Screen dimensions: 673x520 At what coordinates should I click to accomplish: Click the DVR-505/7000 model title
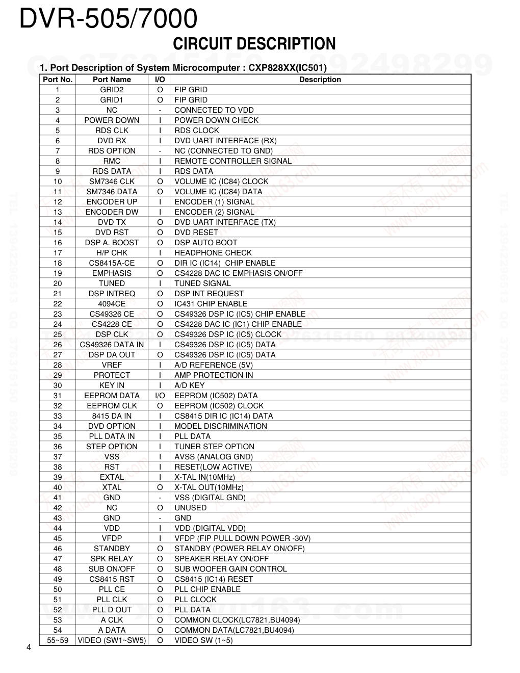[x=108, y=20]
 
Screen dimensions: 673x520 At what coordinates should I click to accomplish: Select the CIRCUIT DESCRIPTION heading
[x=254, y=44]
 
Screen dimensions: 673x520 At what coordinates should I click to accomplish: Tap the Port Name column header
[x=112, y=80]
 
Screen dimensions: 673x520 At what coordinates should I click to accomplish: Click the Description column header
[x=320, y=80]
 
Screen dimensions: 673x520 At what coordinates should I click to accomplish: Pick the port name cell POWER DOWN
[x=112, y=120]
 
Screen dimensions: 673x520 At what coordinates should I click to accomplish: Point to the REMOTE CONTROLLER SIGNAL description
[x=233, y=161]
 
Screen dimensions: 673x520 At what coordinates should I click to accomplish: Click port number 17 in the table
[x=58, y=253]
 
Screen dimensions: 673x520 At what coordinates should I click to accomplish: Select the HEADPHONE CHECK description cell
[x=213, y=253]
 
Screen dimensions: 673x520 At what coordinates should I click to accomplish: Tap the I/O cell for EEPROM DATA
[x=160, y=396]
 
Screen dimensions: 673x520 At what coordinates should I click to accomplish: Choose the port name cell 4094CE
[x=112, y=304]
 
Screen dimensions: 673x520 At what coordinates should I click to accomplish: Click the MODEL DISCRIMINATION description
[x=221, y=426]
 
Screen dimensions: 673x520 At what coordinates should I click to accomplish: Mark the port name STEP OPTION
[x=112, y=447]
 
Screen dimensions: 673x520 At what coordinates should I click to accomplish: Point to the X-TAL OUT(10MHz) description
[x=209, y=487]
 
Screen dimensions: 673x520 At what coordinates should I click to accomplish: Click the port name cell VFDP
[x=112, y=538]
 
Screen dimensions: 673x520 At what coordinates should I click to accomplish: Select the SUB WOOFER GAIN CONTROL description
[x=230, y=569]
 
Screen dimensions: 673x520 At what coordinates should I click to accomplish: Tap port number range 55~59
[x=58, y=640]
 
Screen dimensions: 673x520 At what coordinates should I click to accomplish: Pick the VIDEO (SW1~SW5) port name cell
[x=112, y=640]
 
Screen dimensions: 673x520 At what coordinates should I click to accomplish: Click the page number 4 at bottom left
[x=29, y=648]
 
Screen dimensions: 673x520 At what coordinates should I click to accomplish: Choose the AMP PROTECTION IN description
[x=214, y=375]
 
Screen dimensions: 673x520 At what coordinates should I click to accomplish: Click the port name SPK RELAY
[x=112, y=559]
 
